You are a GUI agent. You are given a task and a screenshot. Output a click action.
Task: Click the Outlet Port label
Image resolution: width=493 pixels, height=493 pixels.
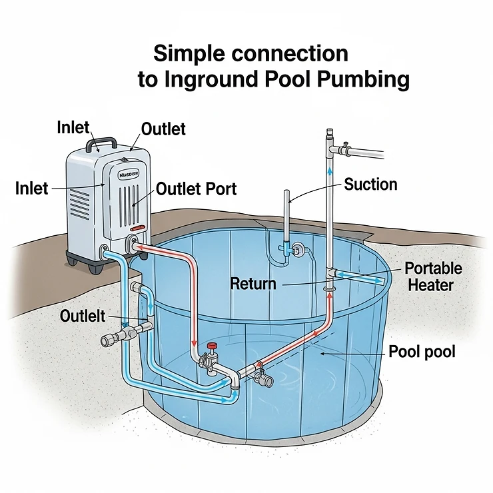pyautogui.click(x=196, y=189)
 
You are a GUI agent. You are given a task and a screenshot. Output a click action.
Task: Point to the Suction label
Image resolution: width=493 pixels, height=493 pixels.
pyautogui.click(x=370, y=185)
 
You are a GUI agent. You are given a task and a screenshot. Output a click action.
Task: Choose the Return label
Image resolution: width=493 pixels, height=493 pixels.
pyautogui.click(x=252, y=284)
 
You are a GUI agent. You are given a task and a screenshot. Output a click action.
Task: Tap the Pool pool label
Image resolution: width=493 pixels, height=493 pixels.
pyautogui.click(x=422, y=351)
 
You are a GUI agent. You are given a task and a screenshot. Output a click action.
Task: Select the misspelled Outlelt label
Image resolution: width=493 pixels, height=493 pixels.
pyautogui.click(x=83, y=316)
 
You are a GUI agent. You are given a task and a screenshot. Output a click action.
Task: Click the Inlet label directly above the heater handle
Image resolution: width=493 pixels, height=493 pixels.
pyautogui.click(x=73, y=127)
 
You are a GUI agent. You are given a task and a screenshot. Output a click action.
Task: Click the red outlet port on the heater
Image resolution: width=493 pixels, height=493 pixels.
pyautogui.click(x=138, y=247)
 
